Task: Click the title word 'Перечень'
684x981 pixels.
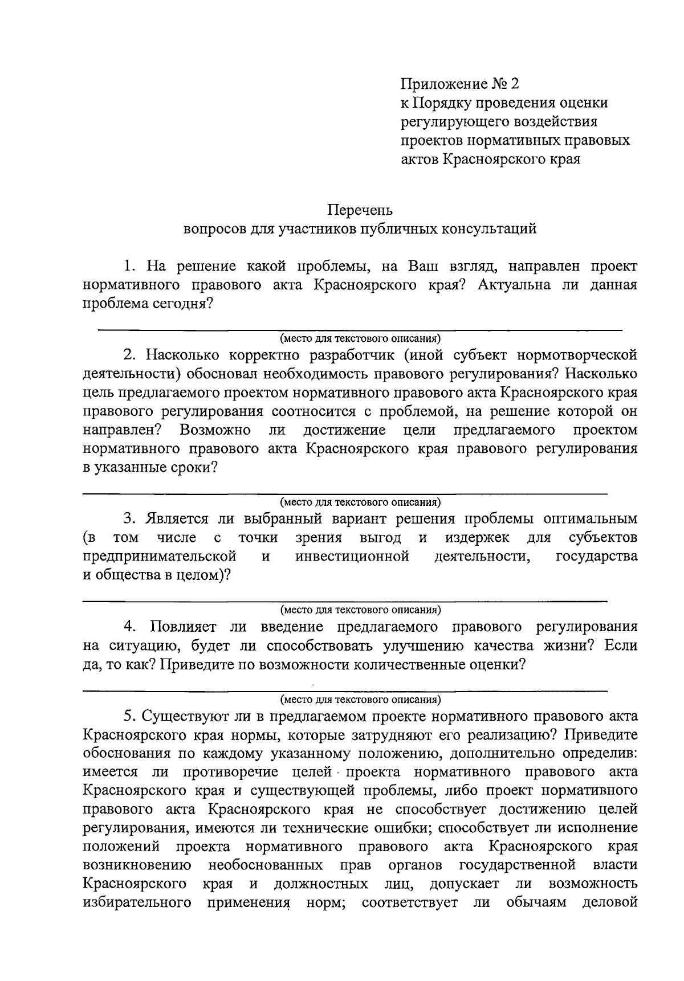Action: [360, 210]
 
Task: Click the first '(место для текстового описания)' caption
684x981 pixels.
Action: [360, 338]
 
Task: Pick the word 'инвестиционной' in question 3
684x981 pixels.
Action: [352, 556]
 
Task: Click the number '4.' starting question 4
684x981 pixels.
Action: [130, 627]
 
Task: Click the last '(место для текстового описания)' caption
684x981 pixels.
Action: [360, 699]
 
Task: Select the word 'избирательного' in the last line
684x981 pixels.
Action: [136, 903]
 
